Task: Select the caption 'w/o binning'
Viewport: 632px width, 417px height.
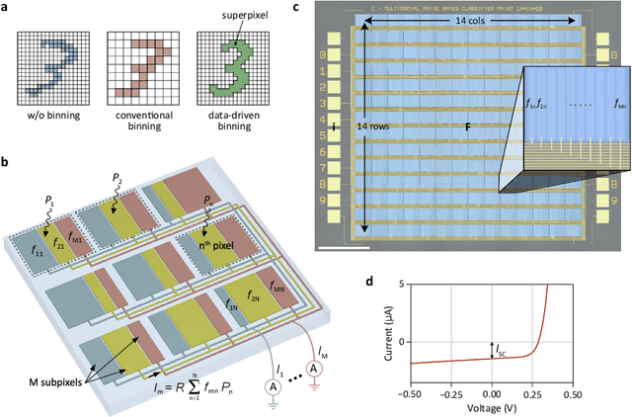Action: [x=47, y=100]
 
